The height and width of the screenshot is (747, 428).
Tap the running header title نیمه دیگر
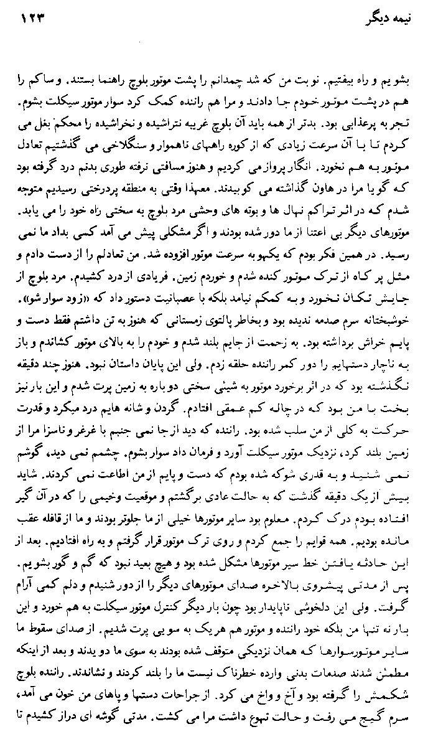[383, 19]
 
